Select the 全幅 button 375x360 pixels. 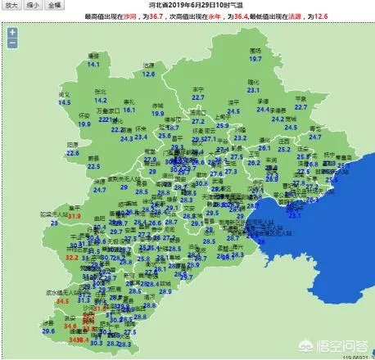pos(54,4)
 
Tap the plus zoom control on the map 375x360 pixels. pos(12,34)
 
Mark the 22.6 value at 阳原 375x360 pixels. pos(72,152)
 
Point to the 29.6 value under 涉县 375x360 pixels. pos(48,331)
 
